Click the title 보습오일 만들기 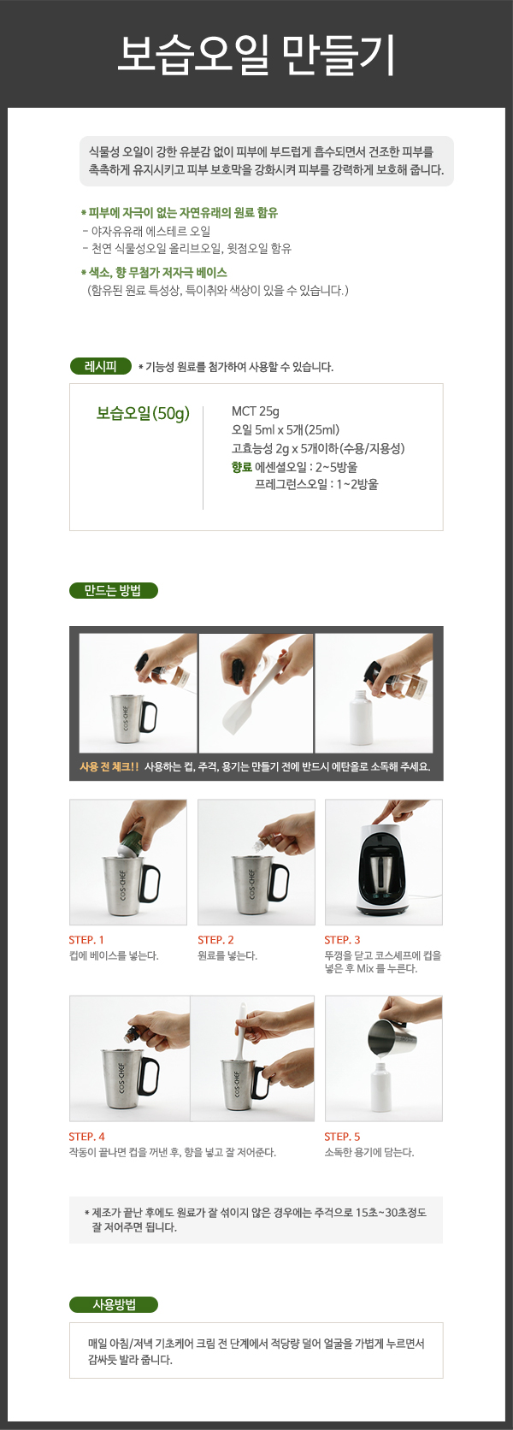coord(256,55)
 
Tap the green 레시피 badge coord(101,366)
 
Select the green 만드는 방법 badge coord(113,590)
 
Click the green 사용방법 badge coord(114,1304)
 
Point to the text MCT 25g coord(256,411)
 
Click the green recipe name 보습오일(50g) coord(143,414)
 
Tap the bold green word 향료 coord(242,467)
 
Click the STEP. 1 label coord(86,940)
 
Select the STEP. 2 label coord(215,940)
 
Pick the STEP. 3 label coord(342,940)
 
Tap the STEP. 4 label coord(86,1137)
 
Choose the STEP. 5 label coord(342,1137)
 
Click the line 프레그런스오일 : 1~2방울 coord(316,485)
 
